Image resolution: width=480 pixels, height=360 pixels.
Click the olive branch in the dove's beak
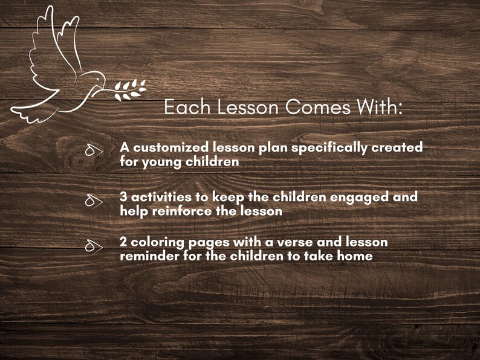pos(130,89)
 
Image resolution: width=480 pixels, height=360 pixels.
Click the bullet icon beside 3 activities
pos(93,201)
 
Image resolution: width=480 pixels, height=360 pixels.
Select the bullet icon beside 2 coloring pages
pos(93,245)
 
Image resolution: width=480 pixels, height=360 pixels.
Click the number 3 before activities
pos(123,198)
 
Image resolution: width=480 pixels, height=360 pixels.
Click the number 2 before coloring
pos(123,242)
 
